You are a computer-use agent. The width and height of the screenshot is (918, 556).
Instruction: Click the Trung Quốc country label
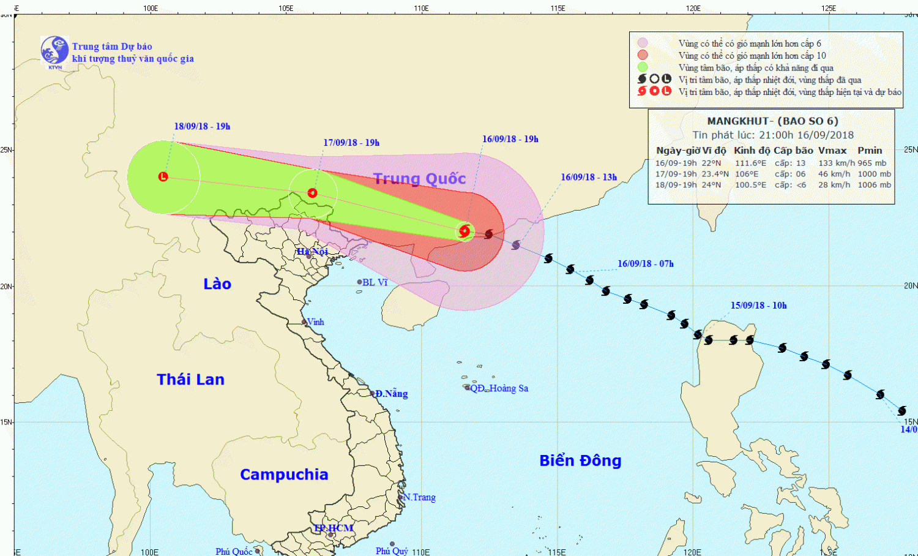tap(419, 178)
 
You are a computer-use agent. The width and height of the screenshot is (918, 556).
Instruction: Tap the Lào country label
tap(217, 284)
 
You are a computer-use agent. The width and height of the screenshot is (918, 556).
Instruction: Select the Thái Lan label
tap(190, 380)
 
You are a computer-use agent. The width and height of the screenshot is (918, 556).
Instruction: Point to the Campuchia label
tap(284, 475)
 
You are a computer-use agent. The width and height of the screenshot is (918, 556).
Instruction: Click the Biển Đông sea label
tap(580, 460)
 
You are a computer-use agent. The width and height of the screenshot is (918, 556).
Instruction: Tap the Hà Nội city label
tap(313, 252)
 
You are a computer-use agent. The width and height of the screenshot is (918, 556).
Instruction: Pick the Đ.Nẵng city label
tap(392, 394)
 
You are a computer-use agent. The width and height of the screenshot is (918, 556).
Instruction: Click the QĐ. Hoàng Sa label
tap(499, 388)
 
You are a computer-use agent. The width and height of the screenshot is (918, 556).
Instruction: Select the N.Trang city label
tap(420, 497)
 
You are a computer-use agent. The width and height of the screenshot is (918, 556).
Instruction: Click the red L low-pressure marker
tap(163, 176)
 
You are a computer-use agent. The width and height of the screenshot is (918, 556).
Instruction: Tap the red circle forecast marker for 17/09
tap(313, 193)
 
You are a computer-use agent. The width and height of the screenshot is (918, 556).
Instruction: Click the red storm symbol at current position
tap(465, 231)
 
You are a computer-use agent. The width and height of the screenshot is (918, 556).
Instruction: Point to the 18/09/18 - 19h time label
tap(202, 126)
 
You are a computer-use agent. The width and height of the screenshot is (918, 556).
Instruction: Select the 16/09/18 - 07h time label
tap(645, 264)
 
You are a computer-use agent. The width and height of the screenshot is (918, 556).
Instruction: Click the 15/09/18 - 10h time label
tap(758, 306)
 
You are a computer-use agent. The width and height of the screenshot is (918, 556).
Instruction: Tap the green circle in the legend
tap(642, 67)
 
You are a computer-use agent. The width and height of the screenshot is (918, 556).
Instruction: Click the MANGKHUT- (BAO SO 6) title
tap(772, 121)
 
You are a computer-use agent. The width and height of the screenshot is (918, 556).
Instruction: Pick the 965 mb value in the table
tap(872, 163)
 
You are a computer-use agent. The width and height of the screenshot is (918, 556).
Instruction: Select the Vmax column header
tap(832, 151)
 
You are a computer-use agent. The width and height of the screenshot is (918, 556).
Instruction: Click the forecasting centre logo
tap(54, 50)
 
